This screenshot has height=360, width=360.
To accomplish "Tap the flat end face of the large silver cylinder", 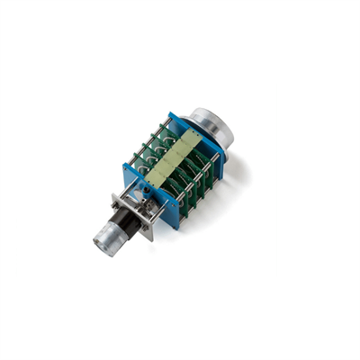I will pyautogui.click(x=216, y=124).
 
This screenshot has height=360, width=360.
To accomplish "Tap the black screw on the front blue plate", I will pyautogui.click(x=142, y=192).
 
